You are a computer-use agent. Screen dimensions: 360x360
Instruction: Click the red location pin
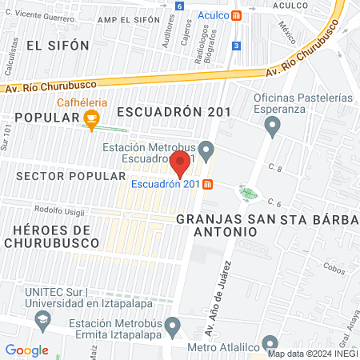click(x=180, y=163)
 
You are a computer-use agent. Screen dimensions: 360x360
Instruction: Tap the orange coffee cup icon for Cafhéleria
click(x=92, y=120)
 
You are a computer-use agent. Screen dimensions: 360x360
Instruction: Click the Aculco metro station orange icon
click(x=235, y=15)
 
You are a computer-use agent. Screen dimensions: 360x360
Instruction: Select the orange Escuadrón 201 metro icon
click(x=208, y=184)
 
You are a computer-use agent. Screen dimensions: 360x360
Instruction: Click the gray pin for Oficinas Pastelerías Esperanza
click(x=272, y=126)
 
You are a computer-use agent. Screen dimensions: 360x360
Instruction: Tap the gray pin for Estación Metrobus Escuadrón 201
click(x=206, y=149)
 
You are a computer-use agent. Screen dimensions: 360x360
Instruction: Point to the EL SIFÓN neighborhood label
click(x=57, y=46)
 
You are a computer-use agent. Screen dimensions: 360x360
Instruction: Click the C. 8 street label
click(x=276, y=168)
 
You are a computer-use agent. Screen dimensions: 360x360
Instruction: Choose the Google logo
click(x=26, y=350)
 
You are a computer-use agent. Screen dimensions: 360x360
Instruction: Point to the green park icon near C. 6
click(x=249, y=192)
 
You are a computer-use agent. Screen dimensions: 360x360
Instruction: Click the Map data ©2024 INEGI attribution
click(x=313, y=353)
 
